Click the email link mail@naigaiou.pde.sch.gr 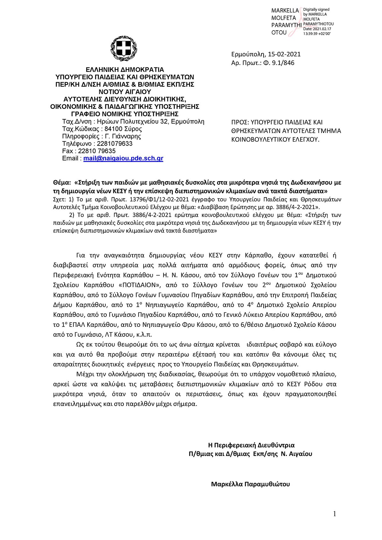point(123,158)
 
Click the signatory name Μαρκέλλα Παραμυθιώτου point(250,484)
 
